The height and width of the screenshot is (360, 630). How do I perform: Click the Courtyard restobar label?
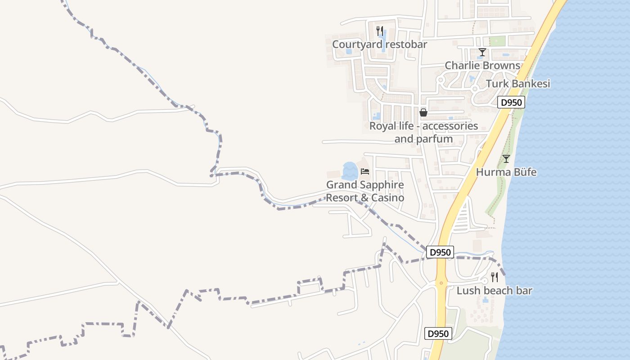pyautogui.click(x=379, y=45)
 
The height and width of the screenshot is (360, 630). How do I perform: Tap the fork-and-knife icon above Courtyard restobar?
pyautogui.click(x=380, y=31)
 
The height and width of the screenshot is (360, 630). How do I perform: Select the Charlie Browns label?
pyautogui.click(x=482, y=66)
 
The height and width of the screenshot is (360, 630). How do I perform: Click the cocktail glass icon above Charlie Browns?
pyautogui.click(x=482, y=52)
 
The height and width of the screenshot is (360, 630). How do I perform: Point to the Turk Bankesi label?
pyautogui.click(x=518, y=84)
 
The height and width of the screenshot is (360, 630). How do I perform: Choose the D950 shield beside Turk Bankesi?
pyautogui.click(x=512, y=103)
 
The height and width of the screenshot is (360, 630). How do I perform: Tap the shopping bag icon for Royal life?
pyautogui.click(x=423, y=112)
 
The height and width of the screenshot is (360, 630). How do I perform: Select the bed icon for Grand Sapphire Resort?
pyautogui.click(x=365, y=171)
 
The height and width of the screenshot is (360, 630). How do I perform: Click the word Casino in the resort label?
pyautogui.click(x=387, y=198)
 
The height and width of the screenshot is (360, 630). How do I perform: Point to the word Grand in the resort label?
pyautogui.click(x=341, y=185)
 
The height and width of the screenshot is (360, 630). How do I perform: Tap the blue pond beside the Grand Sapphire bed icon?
pyautogui.click(x=350, y=171)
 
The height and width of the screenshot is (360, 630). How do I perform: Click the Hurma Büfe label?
pyautogui.click(x=506, y=172)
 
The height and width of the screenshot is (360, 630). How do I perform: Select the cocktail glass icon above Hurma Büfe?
pyautogui.click(x=506, y=159)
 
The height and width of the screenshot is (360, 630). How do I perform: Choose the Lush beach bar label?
pyautogui.click(x=494, y=291)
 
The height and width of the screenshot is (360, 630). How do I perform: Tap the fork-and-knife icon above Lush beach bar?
pyautogui.click(x=495, y=277)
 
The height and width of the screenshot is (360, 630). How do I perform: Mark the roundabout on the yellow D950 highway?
pyautogui.click(x=441, y=283)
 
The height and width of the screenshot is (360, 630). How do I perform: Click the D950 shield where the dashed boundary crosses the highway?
pyautogui.click(x=440, y=252)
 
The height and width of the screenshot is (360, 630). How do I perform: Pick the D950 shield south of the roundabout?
pyautogui.click(x=438, y=334)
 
